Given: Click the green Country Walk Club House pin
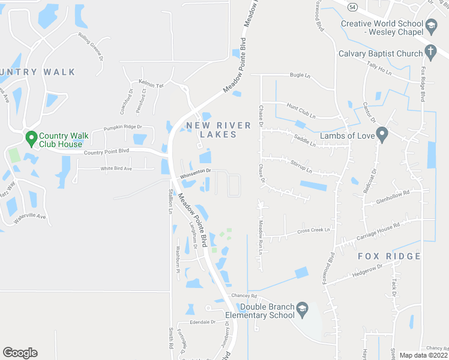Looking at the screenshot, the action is tap(31, 139).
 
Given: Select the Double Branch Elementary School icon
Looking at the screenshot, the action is tap(303, 310).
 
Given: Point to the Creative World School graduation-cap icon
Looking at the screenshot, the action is tap(431, 26).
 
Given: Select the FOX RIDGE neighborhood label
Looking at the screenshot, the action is tap(389, 256).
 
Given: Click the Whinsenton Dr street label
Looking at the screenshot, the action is tap(195, 171).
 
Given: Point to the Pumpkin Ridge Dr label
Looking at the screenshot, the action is tap(122, 127).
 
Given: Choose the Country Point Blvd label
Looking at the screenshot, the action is tap(107, 151).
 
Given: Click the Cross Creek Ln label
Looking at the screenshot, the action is tap(313, 230).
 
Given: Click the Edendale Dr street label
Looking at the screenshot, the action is tap(202, 322).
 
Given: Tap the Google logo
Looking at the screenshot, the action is tap(20, 353).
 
